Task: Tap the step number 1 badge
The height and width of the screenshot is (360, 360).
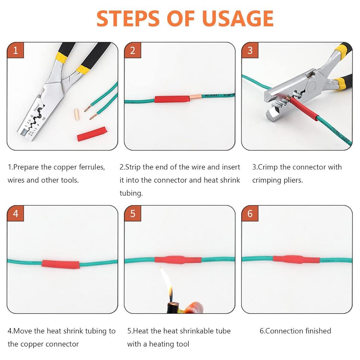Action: click(x=15, y=50)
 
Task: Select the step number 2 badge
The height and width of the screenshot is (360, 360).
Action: click(x=133, y=50)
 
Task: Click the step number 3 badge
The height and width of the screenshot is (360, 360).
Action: click(x=250, y=50)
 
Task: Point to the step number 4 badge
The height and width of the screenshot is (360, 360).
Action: click(x=15, y=214)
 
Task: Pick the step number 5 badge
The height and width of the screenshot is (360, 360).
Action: click(x=133, y=214)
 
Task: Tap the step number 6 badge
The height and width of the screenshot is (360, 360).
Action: click(x=250, y=214)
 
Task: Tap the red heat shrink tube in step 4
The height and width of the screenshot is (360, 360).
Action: click(x=60, y=264)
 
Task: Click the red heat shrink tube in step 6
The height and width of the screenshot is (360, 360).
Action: click(x=296, y=259)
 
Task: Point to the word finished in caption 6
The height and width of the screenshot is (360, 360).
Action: click(x=315, y=331)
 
